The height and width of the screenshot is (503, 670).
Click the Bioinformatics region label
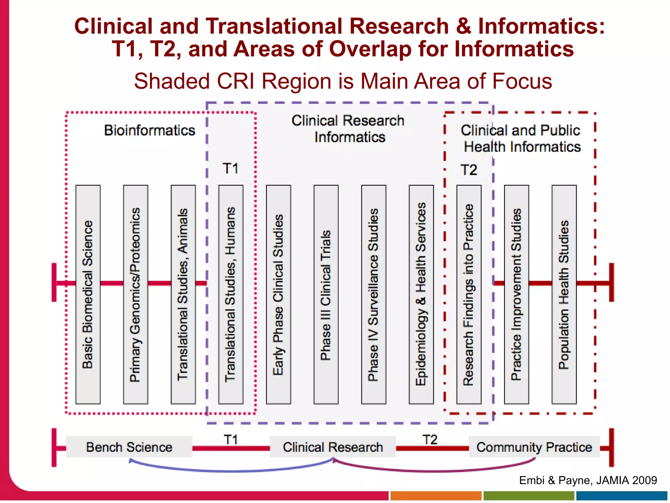click(150, 130)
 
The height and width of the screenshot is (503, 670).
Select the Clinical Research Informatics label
click(348, 129)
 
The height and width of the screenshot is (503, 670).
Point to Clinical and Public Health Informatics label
click(521, 139)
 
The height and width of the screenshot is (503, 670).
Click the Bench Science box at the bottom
click(129, 447)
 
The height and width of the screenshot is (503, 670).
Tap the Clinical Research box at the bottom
click(333, 447)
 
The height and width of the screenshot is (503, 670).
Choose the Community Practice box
click(534, 447)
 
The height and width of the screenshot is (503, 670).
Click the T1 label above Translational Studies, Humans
click(231, 169)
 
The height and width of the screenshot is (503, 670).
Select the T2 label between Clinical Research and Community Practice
click(430, 439)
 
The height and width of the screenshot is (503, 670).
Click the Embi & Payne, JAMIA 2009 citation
click(588, 480)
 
